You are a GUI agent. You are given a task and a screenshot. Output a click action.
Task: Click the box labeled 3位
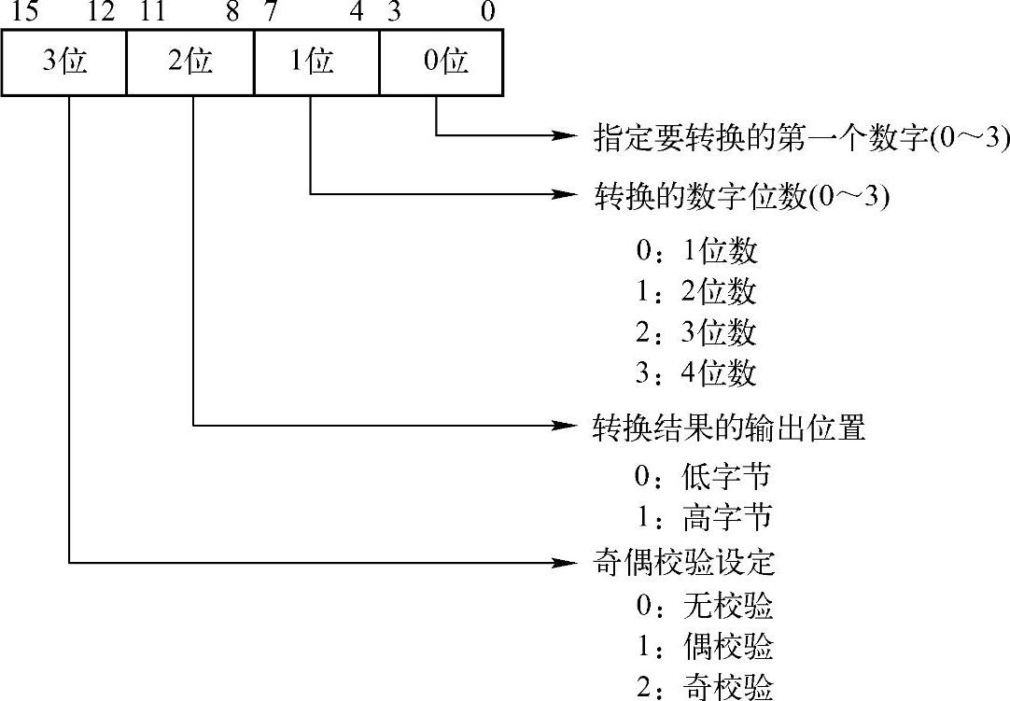[64, 63]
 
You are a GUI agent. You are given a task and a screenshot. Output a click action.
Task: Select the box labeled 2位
[190, 63]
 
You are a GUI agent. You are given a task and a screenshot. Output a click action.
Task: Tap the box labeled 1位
[316, 63]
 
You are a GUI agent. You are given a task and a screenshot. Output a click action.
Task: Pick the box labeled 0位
[442, 63]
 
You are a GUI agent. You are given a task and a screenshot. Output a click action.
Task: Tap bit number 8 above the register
[234, 12]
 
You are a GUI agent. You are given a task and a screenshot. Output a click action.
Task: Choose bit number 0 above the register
[486, 12]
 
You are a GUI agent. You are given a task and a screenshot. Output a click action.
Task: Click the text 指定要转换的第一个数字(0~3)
[801, 138]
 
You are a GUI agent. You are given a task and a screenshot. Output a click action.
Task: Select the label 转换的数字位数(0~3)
[741, 197]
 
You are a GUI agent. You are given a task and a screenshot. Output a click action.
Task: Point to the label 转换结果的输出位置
[729, 428]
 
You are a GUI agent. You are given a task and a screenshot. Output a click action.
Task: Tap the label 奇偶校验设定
[684, 564]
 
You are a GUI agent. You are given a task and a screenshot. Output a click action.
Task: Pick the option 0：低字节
[703, 477]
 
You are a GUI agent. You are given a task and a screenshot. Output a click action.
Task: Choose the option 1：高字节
[703, 517]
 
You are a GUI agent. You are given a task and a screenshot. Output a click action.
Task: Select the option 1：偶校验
[704, 646]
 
